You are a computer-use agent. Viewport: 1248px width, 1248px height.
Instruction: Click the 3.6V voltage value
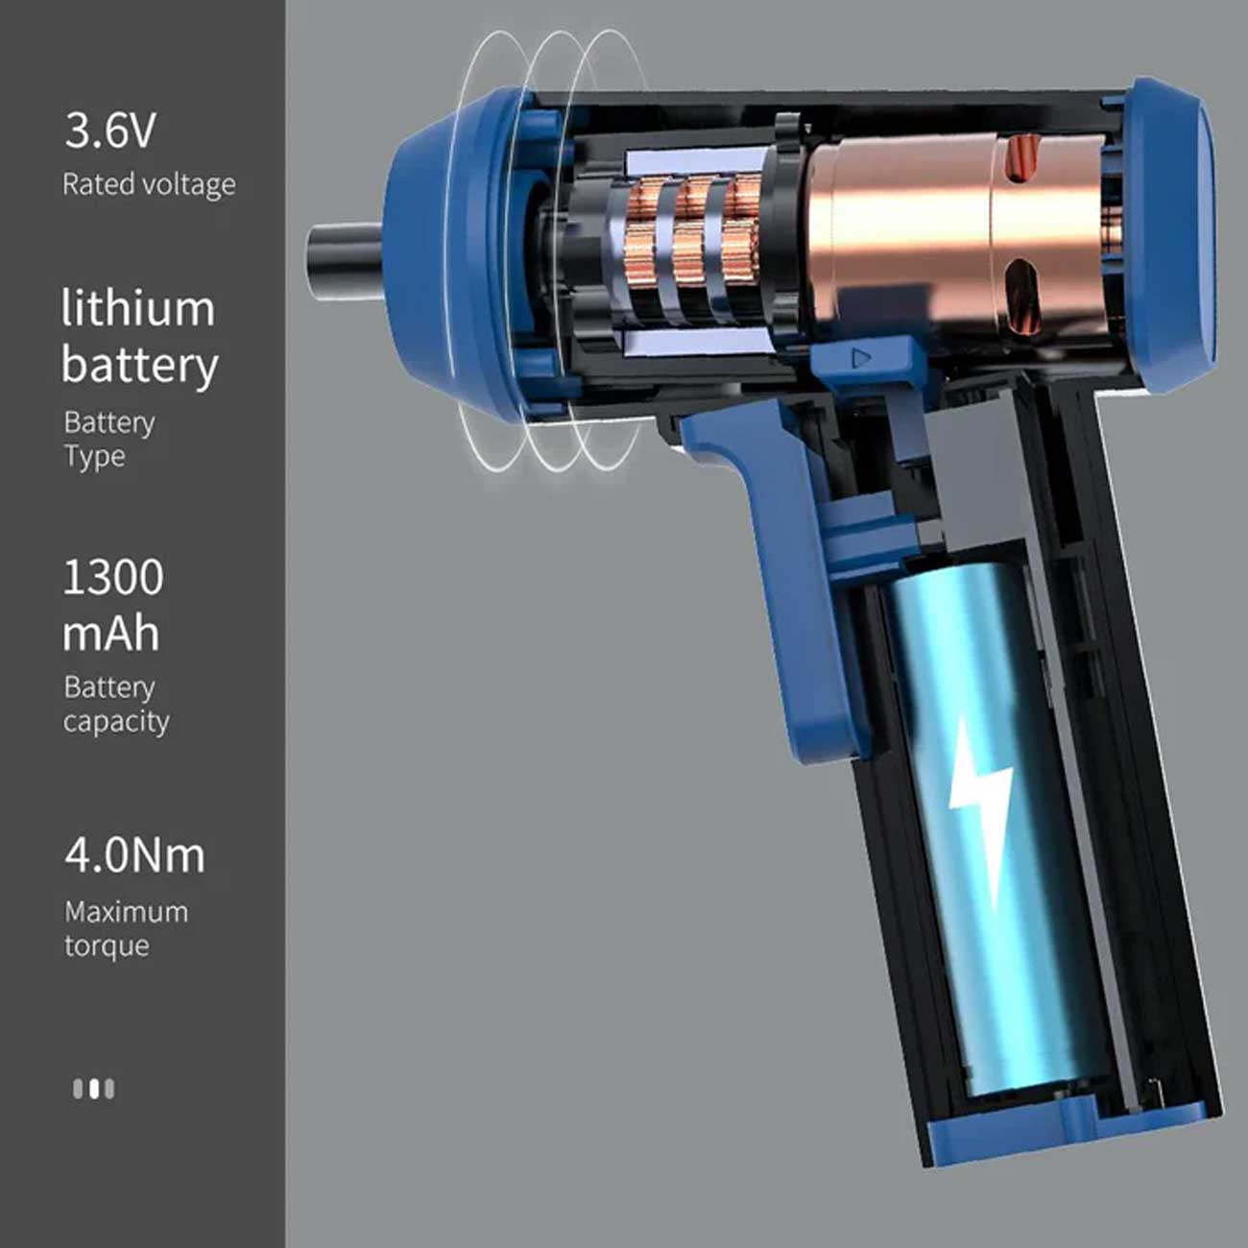point(110,131)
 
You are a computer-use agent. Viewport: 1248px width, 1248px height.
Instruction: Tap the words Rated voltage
point(149,184)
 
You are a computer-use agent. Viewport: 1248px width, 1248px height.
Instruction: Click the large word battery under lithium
point(140,366)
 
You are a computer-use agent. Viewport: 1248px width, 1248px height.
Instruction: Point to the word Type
point(94,457)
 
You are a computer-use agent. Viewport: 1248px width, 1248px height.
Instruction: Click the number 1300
point(113,578)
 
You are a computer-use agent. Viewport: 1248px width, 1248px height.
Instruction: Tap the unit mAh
point(110,634)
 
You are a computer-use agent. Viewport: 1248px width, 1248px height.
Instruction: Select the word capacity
point(116,722)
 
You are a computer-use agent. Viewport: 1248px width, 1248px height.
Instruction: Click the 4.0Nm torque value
point(134,855)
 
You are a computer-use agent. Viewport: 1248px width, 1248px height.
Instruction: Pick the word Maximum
point(127,912)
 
